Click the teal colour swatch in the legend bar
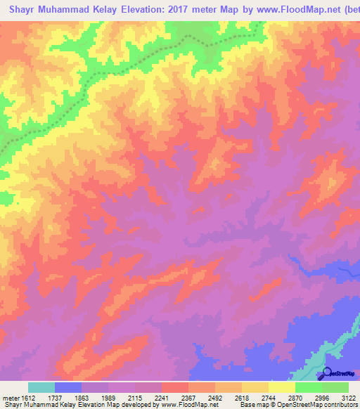pyautogui.click(x=41, y=387)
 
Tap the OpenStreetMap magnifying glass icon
pyautogui.click(x=326, y=373)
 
